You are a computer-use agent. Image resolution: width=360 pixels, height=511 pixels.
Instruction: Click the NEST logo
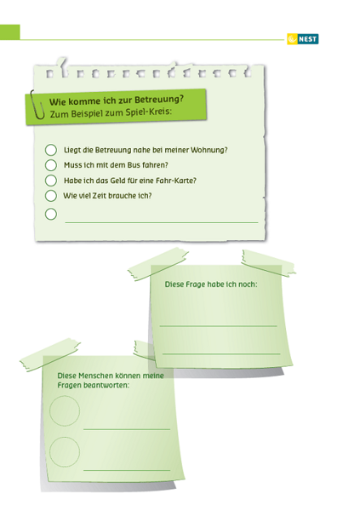[303, 39]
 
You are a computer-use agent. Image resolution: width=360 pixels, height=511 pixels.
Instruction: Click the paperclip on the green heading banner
[37, 105]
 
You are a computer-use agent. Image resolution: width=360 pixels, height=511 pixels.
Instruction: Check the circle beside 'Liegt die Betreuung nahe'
[51, 150]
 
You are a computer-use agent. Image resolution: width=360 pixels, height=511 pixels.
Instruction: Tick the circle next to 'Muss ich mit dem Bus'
[51, 165]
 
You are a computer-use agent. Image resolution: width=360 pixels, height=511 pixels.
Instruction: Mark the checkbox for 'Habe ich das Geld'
[51, 181]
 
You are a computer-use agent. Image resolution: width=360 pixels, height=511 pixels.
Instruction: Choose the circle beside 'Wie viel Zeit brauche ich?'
[51, 196]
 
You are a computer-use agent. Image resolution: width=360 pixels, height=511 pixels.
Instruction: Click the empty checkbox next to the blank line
[51, 214]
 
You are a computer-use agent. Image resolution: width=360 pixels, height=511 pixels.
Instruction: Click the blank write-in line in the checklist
[162, 222]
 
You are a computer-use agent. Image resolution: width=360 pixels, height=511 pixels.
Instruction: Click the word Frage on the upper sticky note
[195, 284]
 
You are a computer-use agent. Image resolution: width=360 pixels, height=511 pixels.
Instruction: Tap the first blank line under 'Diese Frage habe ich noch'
[218, 325]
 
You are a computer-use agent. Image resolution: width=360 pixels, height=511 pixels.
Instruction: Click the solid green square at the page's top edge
[9, 32]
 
